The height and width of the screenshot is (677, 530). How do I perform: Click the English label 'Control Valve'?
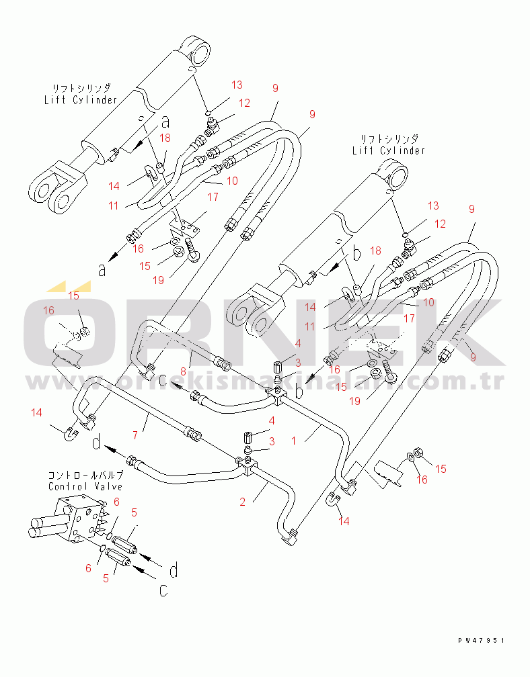tap(85, 486)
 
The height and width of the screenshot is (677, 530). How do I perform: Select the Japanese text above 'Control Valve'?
tap(85, 474)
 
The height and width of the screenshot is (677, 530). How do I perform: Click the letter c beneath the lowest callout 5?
tap(163, 590)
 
